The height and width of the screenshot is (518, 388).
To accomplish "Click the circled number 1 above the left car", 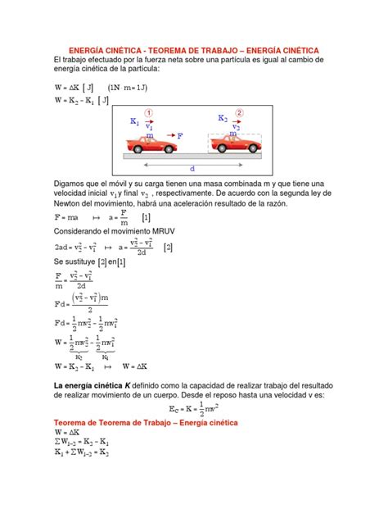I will pyautogui.click(x=148, y=113).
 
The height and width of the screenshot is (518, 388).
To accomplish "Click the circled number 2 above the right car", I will pyautogui.click(x=239, y=112).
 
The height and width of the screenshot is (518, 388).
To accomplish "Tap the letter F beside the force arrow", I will pyautogui.click(x=180, y=134).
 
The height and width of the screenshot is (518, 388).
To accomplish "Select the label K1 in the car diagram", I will pyautogui.click(x=135, y=121).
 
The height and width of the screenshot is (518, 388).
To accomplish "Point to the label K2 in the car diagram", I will pyautogui.click(x=223, y=118).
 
